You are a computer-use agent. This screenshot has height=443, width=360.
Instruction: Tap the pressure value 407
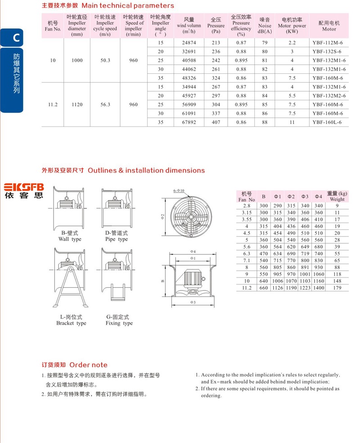point(216,122)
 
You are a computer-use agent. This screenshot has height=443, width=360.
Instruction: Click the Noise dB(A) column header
point(265,26)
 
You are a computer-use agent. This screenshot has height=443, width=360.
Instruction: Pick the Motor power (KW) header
point(292,26)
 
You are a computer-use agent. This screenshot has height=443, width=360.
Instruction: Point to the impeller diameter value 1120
point(77,104)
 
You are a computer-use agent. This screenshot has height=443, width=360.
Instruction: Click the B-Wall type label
point(70,236)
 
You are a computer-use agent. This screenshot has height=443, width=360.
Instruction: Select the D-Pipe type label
point(117,236)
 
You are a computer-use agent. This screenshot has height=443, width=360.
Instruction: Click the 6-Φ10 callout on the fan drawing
point(179,191)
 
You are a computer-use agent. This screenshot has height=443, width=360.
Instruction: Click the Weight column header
point(337,196)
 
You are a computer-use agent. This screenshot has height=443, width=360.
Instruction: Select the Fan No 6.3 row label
point(247,254)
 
